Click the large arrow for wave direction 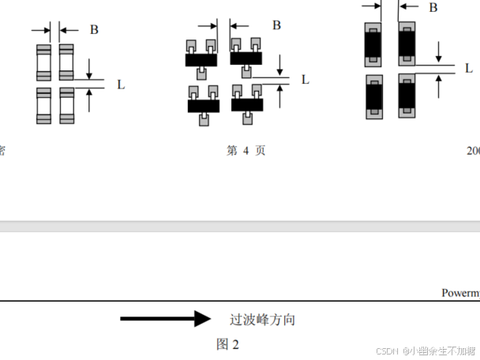click(x=165, y=319)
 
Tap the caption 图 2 click(x=227, y=344)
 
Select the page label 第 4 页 click(x=246, y=151)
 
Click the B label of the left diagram click(x=94, y=30)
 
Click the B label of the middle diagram click(x=276, y=24)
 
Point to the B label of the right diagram click(x=433, y=7)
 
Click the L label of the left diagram click(x=120, y=84)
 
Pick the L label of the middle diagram click(x=305, y=79)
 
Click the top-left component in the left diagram click(x=43, y=62)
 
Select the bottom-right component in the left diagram click(x=67, y=104)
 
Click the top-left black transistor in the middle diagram click(x=201, y=58)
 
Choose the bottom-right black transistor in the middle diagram click(x=247, y=104)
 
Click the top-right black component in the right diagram click(x=407, y=44)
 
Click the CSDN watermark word click(x=386, y=351)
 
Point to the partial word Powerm click(x=460, y=293)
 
